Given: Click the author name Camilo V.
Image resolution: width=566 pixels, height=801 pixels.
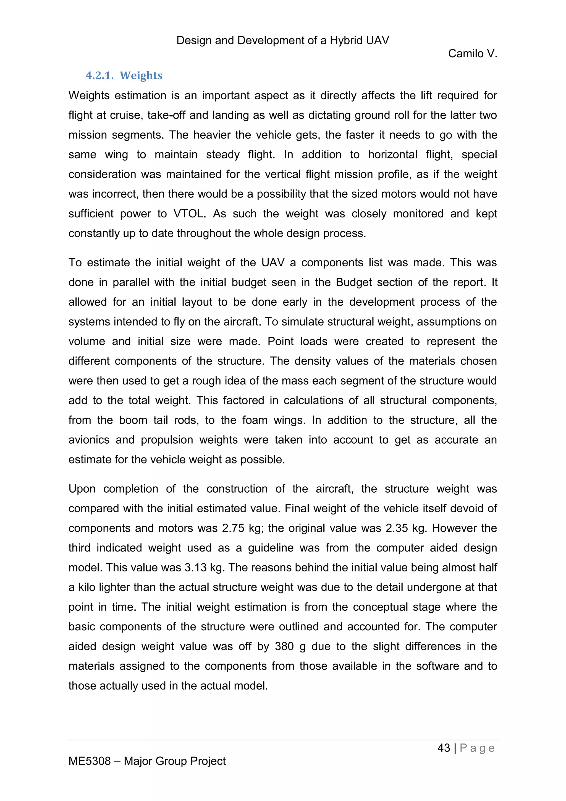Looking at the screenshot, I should [x=472, y=53].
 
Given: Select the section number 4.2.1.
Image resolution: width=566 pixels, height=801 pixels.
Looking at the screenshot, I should [x=100, y=76].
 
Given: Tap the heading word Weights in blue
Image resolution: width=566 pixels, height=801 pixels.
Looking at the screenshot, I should [x=141, y=76].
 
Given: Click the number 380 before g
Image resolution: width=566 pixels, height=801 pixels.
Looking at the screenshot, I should [x=284, y=646].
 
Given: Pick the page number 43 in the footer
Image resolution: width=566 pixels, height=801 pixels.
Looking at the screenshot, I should [x=444, y=748].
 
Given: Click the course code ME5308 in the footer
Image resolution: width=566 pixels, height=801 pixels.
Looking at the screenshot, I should [x=90, y=761].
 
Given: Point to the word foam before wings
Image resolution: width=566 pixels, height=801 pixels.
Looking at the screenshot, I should [x=255, y=420].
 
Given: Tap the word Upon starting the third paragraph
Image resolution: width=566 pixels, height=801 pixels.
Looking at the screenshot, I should [x=82, y=489].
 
